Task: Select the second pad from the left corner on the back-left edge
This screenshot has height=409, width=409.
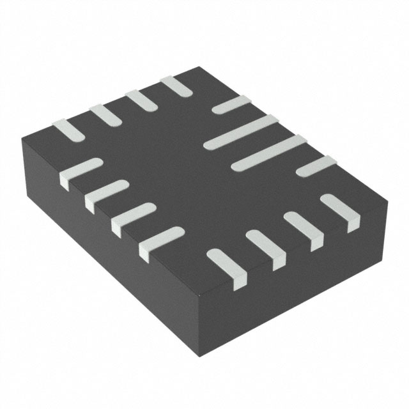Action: (105, 114)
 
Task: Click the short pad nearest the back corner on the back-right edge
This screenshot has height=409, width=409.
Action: (231, 105)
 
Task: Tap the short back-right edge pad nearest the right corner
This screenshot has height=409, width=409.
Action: (316, 167)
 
